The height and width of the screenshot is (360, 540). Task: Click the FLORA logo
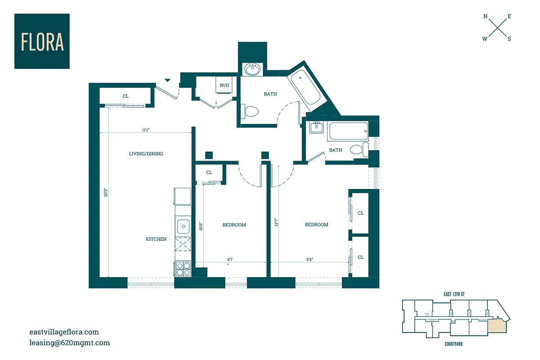click(x=42, y=41)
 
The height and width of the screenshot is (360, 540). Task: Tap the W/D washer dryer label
click(x=224, y=85)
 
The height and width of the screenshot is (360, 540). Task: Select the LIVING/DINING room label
click(x=146, y=154)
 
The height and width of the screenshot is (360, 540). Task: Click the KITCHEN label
click(x=156, y=239)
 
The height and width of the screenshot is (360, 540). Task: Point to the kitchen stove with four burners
click(x=183, y=269)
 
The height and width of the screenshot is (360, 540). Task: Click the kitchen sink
click(x=183, y=225)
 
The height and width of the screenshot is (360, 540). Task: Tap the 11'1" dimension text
click(x=145, y=130)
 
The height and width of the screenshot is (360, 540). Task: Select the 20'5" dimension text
click(x=105, y=193)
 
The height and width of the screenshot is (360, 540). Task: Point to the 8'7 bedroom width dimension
click(x=230, y=260)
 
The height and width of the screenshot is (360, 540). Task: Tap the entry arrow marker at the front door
click(x=168, y=80)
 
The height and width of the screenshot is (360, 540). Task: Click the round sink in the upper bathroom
click(x=252, y=70)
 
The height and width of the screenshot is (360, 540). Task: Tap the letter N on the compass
click(x=486, y=16)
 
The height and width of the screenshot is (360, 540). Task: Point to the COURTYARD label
click(x=450, y=344)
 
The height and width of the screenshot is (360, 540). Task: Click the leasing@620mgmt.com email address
click(x=69, y=343)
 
